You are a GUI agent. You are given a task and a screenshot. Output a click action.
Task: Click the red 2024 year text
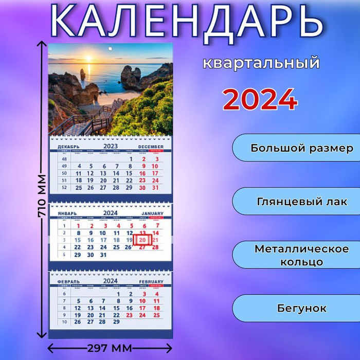click(x=260, y=99)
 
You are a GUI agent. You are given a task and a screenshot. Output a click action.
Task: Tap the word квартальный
click(x=261, y=63)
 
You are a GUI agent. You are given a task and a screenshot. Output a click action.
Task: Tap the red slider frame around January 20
click(x=142, y=240)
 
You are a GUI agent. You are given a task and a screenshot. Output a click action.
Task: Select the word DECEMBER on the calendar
click(x=151, y=147)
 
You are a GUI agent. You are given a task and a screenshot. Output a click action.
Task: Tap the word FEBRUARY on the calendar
click(x=151, y=282)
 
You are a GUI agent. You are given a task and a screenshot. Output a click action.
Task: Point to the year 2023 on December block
click(x=110, y=146)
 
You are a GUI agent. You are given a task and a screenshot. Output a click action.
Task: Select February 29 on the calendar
click(x=116, y=322)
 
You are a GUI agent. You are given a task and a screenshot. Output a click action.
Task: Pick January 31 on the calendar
click(x=103, y=255)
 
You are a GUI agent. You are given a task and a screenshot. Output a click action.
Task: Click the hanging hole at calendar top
click(x=110, y=49)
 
